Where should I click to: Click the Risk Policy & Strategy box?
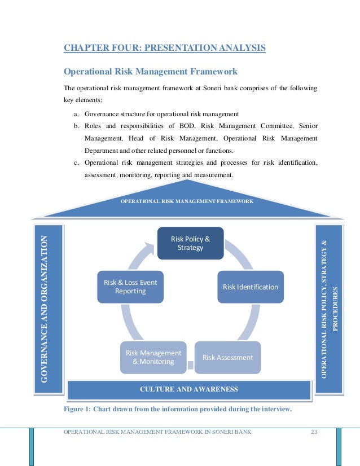(x=190, y=243)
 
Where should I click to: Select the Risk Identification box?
(x=251, y=287)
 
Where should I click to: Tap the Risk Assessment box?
(x=228, y=357)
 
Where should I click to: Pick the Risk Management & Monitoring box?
(x=153, y=357)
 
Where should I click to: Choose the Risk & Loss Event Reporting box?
(x=130, y=287)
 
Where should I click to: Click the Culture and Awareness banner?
(x=189, y=389)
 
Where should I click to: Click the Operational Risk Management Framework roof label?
(x=187, y=201)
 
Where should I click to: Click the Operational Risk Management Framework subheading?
(x=151, y=72)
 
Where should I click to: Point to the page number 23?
(x=314, y=433)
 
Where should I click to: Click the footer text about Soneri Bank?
(x=157, y=433)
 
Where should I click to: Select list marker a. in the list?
(x=76, y=113)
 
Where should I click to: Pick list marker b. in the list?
(x=76, y=126)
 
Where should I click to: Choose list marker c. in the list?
(x=76, y=163)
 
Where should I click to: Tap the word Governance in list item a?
(x=103, y=113)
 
